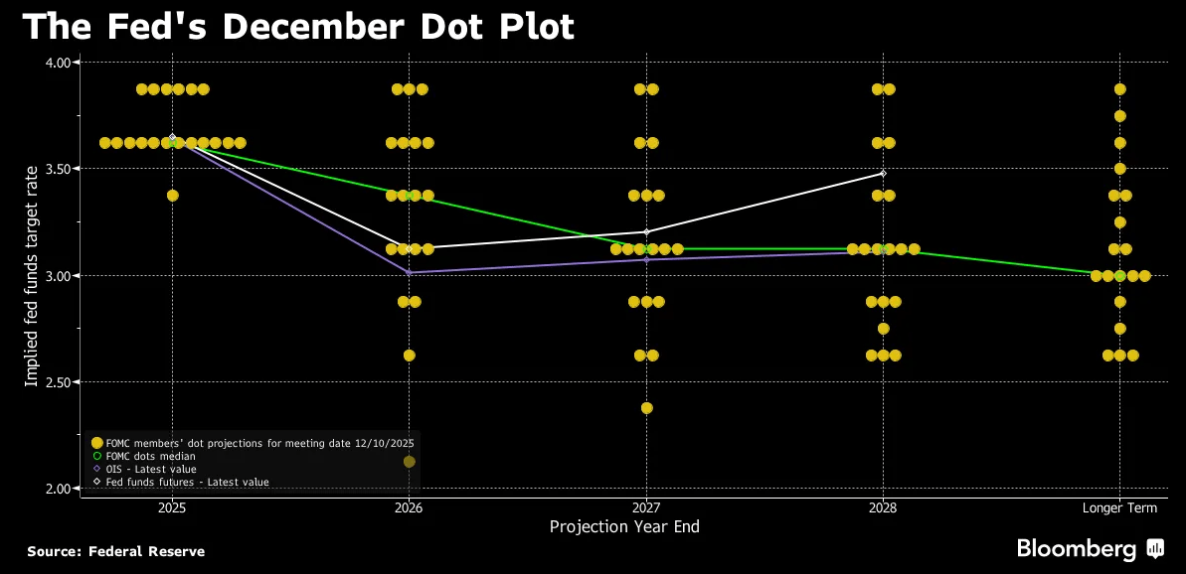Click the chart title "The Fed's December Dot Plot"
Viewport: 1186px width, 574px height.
[298, 27]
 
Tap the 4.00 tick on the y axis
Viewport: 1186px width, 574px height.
[59, 63]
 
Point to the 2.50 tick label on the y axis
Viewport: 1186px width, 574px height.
[59, 382]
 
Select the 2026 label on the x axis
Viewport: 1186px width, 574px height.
[409, 508]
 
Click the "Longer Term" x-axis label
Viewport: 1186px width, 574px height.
[1119, 508]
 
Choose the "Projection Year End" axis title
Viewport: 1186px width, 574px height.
[624, 527]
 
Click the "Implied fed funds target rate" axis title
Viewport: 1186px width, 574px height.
[32, 275]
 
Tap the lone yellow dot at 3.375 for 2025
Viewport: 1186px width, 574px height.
[172, 196]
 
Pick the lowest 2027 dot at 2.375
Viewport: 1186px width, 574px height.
[646, 408]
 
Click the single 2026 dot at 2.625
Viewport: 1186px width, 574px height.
[409, 356]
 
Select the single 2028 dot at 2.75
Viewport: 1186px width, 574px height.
[883, 329]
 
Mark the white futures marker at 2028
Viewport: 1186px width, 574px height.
[883, 173]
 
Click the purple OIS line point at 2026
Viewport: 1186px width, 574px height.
[409, 272]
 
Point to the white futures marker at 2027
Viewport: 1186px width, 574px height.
[646, 232]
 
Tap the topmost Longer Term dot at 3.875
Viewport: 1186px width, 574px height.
[1119, 89]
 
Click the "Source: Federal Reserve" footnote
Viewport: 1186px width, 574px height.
[115, 551]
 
